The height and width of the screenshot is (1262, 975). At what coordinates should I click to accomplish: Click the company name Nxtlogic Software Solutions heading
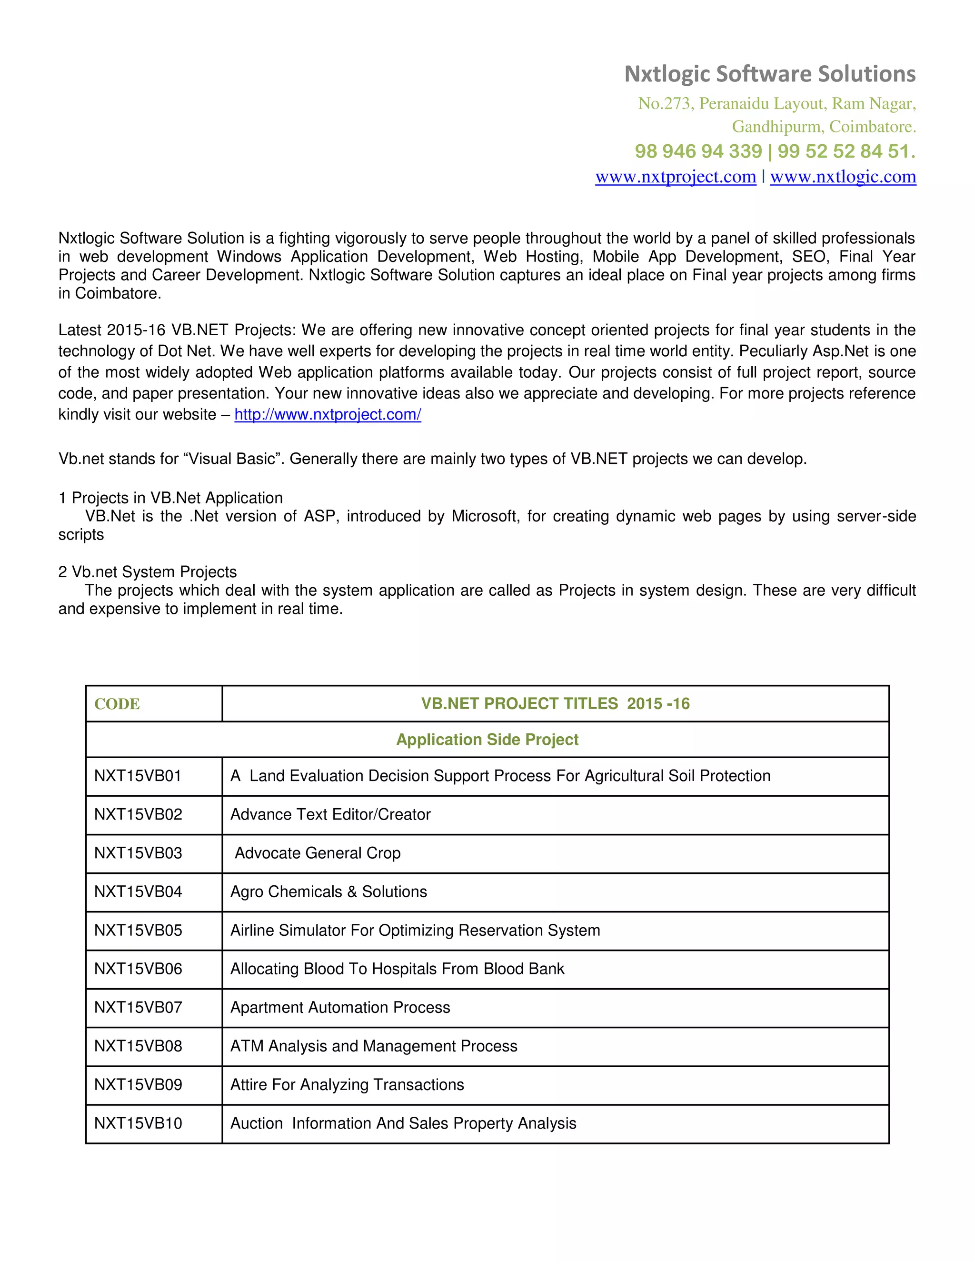pyautogui.click(x=769, y=74)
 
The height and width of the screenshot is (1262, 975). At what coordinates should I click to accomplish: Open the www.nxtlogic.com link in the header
pyautogui.click(x=843, y=176)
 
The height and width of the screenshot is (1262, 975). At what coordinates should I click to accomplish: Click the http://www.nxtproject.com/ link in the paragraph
pyautogui.click(x=328, y=414)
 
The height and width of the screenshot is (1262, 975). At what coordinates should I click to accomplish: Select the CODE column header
pyautogui.click(x=117, y=704)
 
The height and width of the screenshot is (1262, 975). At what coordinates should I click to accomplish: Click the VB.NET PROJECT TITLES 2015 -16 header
pyautogui.click(x=555, y=703)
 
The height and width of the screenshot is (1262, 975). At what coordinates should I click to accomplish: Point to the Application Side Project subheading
pyautogui.click(x=487, y=740)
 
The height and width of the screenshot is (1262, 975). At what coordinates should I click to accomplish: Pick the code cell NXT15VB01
pyautogui.click(x=138, y=776)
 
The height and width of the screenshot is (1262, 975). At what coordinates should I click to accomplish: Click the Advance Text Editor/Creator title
pyautogui.click(x=330, y=815)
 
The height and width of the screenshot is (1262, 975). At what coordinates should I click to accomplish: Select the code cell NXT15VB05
pyautogui.click(x=138, y=931)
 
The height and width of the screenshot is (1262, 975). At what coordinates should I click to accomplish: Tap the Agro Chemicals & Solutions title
pyautogui.click(x=328, y=891)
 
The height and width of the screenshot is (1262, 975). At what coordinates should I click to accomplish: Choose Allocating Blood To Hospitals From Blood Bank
pyautogui.click(x=398, y=969)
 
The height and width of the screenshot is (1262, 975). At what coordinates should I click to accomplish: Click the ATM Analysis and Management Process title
pyautogui.click(x=374, y=1046)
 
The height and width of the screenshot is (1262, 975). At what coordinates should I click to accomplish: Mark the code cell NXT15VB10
pyautogui.click(x=138, y=1123)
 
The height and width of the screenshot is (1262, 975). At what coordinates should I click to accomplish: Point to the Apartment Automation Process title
pyautogui.click(x=340, y=1008)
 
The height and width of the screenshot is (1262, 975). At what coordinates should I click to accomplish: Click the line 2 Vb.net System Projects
pyautogui.click(x=148, y=572)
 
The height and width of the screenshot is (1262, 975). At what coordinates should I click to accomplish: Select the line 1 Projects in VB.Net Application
pyautogui.click(x=171, y=498)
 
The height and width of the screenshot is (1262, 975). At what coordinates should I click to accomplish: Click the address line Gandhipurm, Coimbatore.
pyautogui.click(x=824, y=127)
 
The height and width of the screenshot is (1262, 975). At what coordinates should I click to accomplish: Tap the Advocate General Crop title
pyautogui.click(x=318, y=853)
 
